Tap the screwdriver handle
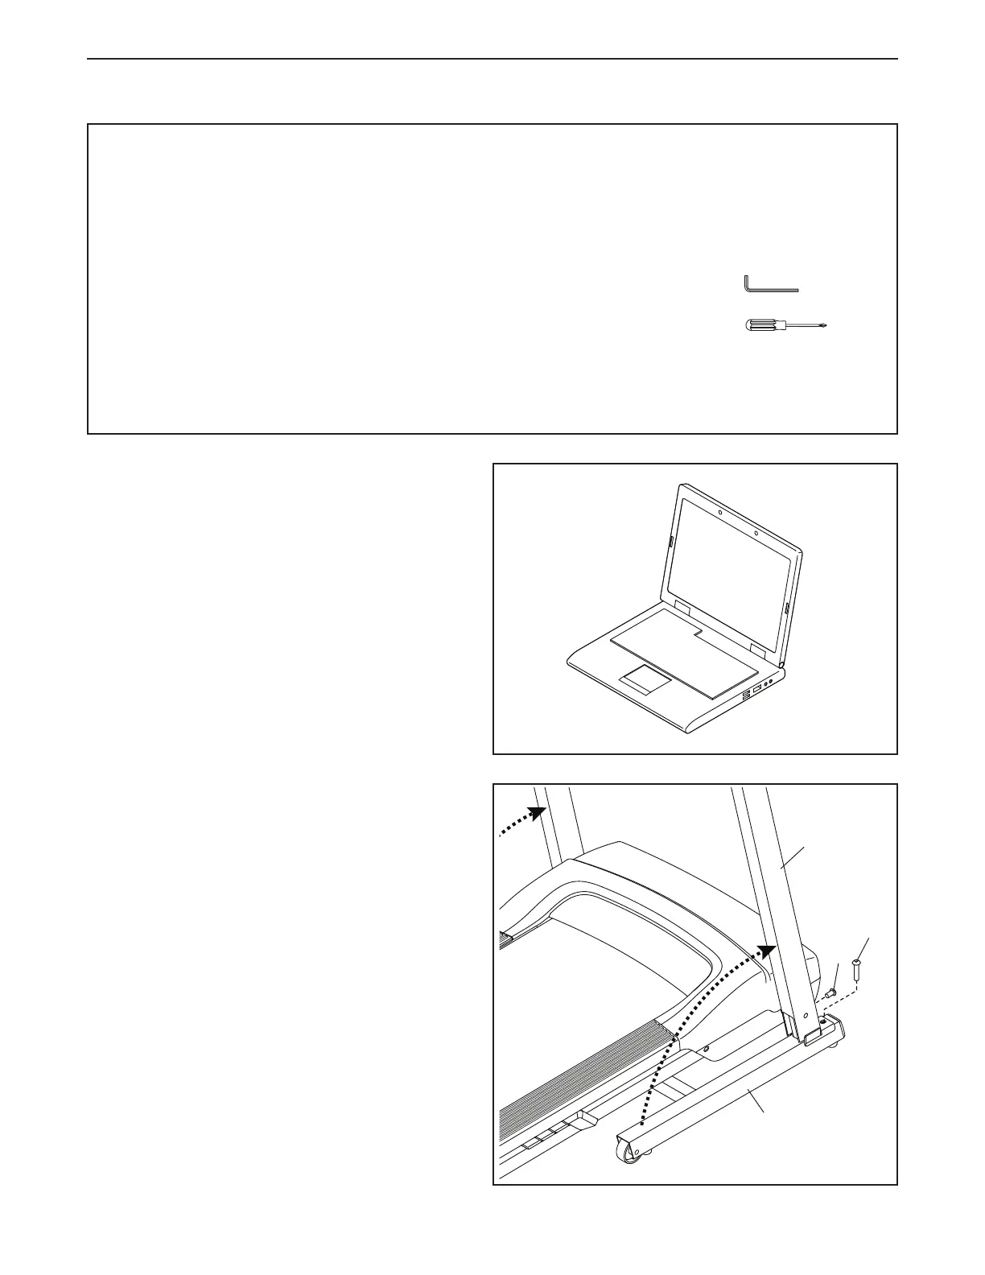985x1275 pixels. coord(759,326)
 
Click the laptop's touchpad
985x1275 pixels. coord(645,680)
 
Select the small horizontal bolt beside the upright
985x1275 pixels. coord(830,992)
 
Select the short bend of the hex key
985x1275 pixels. coord(746,283)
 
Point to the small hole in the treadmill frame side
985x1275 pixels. coord(705,1049)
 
